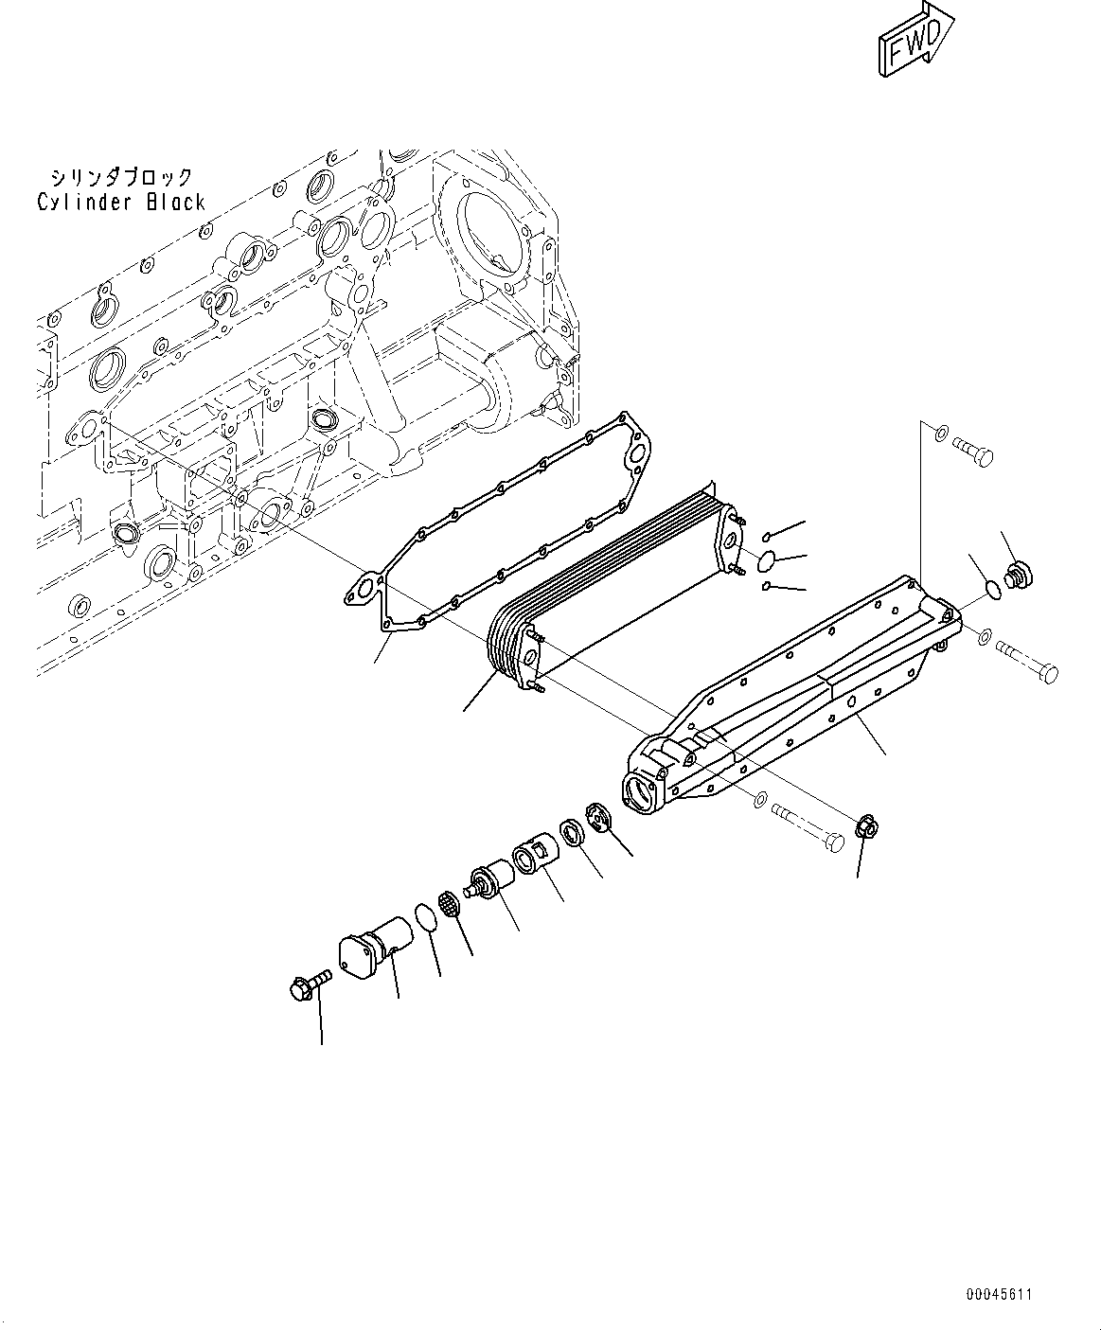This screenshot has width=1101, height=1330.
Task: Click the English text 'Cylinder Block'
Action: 121,202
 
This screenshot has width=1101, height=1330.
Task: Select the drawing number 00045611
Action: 1000,1294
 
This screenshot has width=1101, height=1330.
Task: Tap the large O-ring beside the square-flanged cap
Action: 427,917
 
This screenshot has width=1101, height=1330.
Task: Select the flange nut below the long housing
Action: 863,827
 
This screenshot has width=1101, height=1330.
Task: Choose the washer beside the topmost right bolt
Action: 938,434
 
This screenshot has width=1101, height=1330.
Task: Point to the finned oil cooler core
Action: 606,587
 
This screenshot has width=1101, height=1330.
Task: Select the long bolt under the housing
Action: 809,824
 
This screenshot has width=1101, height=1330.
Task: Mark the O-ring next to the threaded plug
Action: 991,590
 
